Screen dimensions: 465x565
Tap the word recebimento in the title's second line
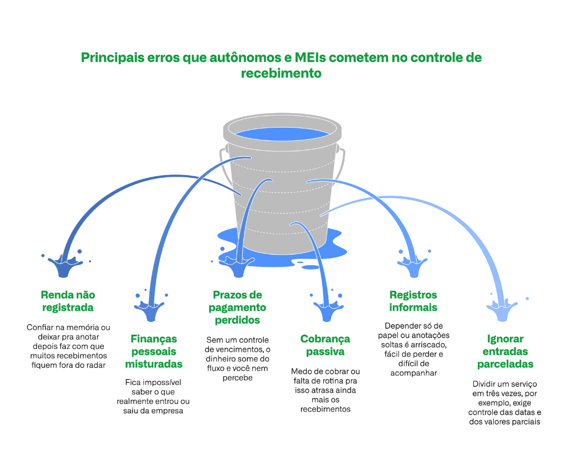click(281, 73)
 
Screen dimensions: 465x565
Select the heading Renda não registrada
click(68, 301)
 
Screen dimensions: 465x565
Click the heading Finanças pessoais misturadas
click(154, 351)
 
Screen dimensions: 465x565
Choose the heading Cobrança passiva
click(325, 345)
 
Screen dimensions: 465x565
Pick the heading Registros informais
click(413, 301)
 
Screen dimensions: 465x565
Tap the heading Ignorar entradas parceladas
click(505, 351)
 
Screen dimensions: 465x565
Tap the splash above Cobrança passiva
click(328, 310)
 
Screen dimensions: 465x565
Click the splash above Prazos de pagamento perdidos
click(238, 267)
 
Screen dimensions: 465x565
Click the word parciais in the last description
click(521, 422)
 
